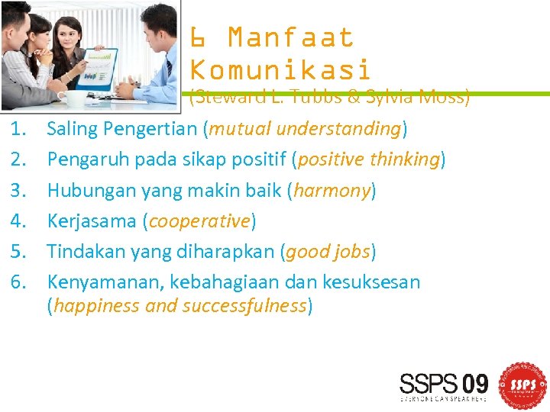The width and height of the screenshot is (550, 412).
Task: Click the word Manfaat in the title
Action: coord(291,37)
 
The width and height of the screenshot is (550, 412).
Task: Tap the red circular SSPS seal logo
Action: coord(522,383)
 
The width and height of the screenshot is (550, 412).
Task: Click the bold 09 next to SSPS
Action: coord(471,382)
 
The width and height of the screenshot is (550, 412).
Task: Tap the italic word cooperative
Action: coord(199,221)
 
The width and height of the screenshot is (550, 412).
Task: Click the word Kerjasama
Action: coord(92,221)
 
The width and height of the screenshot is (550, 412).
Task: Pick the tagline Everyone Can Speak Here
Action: coord(443,398)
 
